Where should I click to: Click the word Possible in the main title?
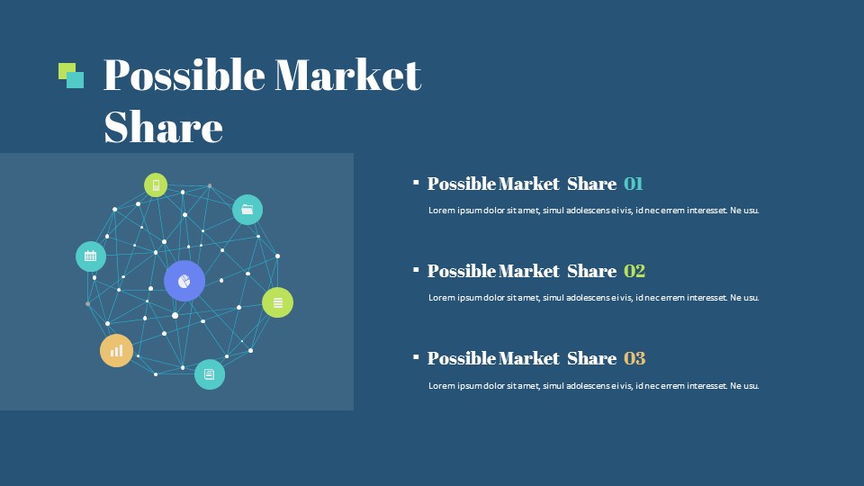[x=184, y=76]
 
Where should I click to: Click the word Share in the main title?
[x=164, y=127]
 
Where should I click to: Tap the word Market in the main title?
[x=348, y=75]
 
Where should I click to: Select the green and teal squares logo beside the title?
[x=71, y=76]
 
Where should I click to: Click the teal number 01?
[x=633, y=184]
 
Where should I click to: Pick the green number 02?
[x=634, y=271]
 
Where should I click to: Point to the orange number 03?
[x=634, y=359]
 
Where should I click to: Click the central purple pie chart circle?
[x=184, y=281]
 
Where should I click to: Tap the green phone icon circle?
[x=156, y=185]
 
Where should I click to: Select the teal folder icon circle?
[x=247, y=210]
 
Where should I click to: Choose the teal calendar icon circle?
[x=91, y=256]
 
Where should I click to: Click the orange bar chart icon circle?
[x=116, y=350]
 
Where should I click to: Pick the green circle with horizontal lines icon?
[x=278, y=302]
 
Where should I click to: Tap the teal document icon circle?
[x=210, y=374]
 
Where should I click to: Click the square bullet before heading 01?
[x=416, y=183]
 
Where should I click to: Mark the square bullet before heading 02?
[x=416, y=270]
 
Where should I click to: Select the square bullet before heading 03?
[x=416, y=357]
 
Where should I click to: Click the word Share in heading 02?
[x=592, y=271]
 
